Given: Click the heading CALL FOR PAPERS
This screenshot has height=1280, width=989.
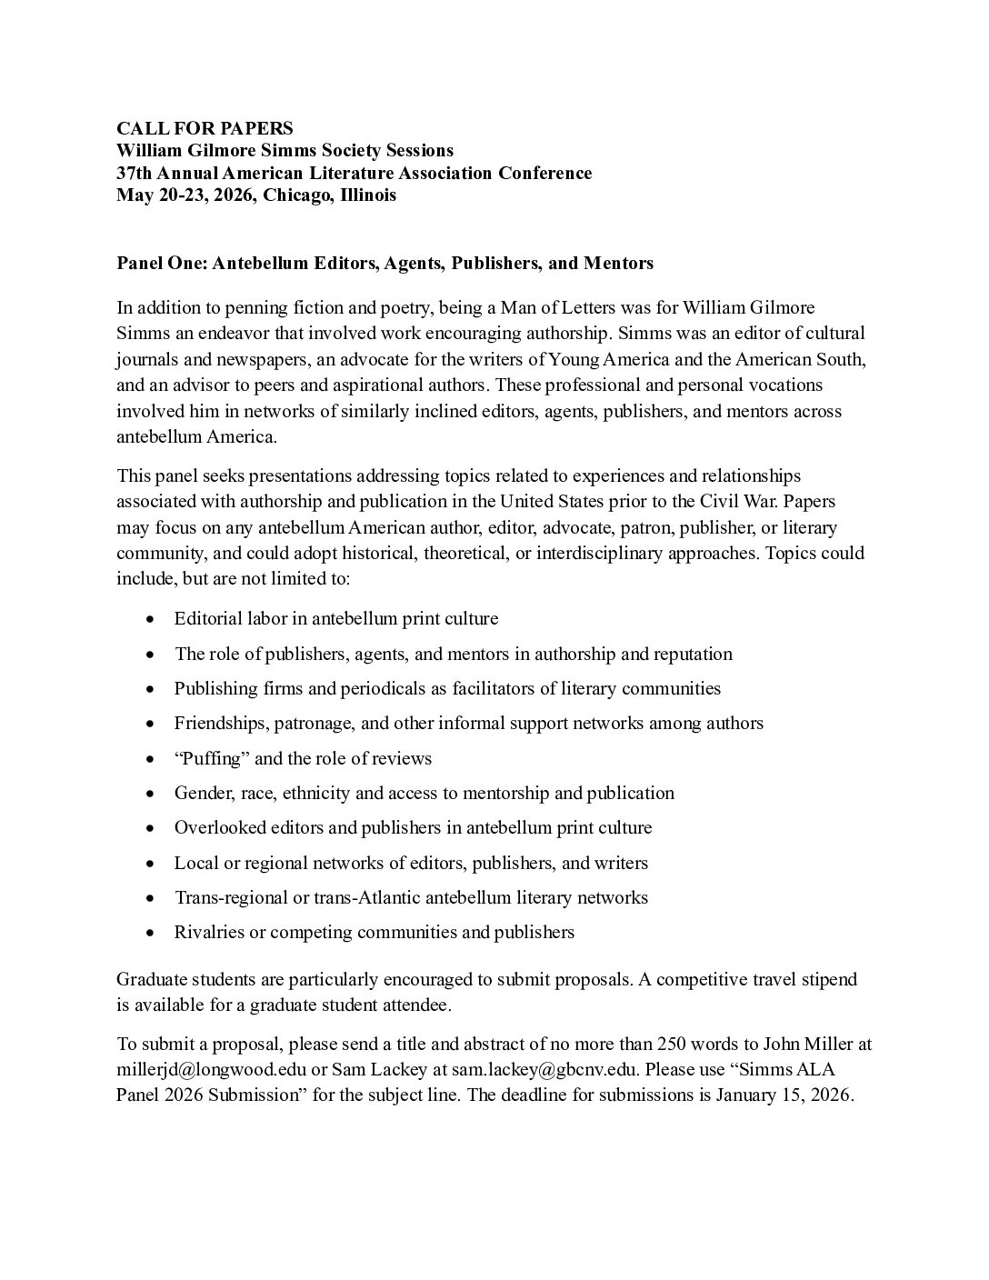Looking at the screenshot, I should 205,128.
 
